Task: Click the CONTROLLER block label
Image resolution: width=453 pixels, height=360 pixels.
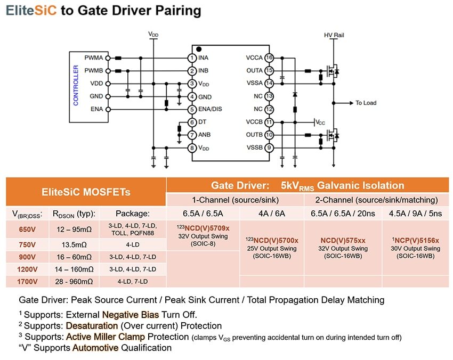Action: (76, 85)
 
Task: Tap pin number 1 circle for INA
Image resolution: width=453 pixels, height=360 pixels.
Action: (191, 58)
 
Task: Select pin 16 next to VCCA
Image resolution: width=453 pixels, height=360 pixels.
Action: (269, 58)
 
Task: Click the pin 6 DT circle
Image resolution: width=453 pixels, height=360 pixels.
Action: (191, 122)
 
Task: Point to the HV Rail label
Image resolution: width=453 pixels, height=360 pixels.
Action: (334, 35)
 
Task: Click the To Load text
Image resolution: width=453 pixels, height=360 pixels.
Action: (366, 103)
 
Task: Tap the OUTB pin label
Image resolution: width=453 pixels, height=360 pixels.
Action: (254, 135)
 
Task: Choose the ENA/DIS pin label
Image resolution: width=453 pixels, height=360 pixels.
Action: (211, 109)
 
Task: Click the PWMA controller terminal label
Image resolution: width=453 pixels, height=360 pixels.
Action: (93, 58)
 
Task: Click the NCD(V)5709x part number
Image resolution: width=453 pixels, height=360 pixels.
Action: (203, 228)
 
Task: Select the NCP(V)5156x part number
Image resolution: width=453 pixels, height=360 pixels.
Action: (415, 240)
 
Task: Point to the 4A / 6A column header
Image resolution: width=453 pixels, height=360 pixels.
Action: (272, 214)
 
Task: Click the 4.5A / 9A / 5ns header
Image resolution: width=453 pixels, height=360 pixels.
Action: (415, 214)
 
